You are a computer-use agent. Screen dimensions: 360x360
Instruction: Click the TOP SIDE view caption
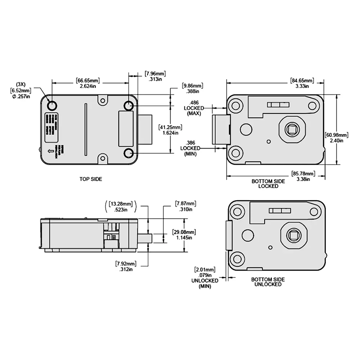click(91, 179)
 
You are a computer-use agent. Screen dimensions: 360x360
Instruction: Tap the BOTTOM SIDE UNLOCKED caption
click(268, 282)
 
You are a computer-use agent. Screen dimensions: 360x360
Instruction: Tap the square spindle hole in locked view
click(291, 130)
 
